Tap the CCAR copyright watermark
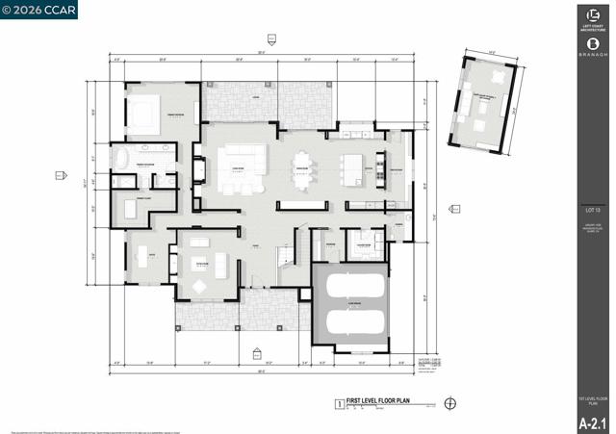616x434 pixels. [39, 10]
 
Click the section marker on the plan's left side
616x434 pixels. [60, 175]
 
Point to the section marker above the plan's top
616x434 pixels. [271, 39]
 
